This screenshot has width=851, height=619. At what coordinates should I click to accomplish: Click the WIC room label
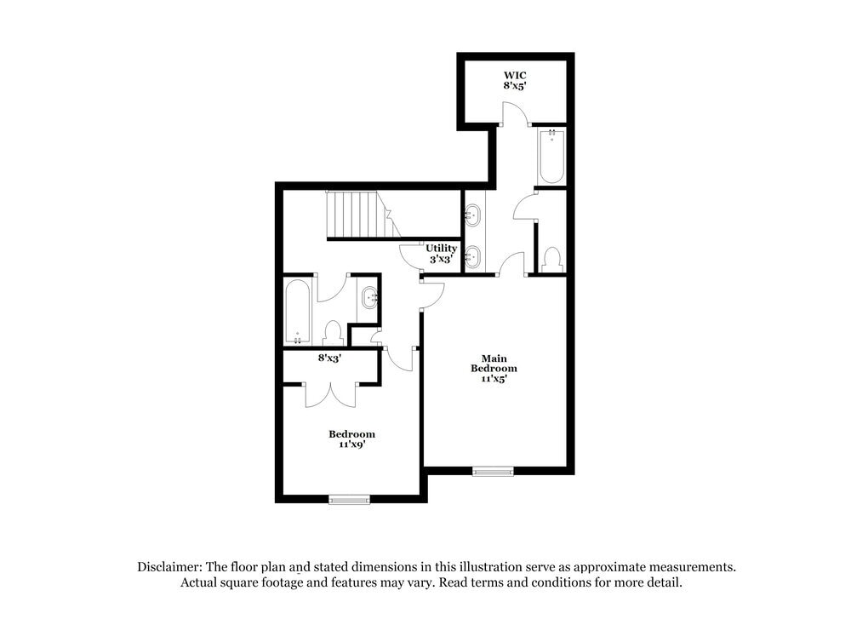(x=514, y=75)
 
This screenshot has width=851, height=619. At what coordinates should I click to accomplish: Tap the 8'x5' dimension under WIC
(x=514, y=85)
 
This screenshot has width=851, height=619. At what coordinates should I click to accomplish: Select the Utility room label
(x=441, y=249)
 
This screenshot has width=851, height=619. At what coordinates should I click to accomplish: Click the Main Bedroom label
(x=494, y=364)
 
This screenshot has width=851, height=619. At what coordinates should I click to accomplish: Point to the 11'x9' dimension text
(x=351, y=444)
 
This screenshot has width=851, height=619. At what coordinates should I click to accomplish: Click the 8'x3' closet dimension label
(x=329, y=358)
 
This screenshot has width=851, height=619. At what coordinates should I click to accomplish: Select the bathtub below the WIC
(x=551, y=156)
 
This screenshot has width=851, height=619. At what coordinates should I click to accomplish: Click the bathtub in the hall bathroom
(x=297, y=312)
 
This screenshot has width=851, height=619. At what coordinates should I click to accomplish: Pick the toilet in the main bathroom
(x=551, y=258)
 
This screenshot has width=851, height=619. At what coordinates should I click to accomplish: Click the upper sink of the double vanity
(x=472, y=215)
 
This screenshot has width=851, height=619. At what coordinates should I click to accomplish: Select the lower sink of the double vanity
(x=472, y=255)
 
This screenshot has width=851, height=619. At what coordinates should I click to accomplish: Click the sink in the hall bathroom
(x=369, y=298)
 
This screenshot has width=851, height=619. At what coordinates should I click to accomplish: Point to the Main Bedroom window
(x=494, y=471)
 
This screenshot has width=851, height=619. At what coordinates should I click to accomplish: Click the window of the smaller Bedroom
(x=349, y=500)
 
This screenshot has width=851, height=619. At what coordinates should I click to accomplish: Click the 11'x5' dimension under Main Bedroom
(x=494, y=380)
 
